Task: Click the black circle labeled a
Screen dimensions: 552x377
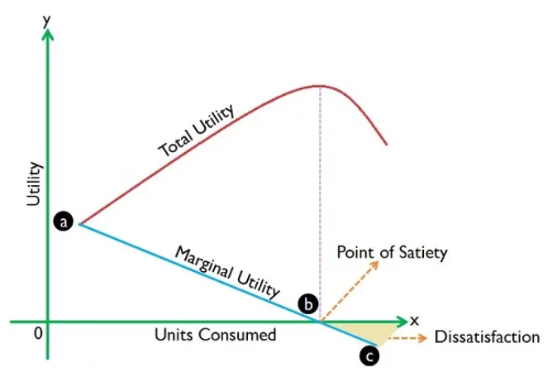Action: (x=64, y=222)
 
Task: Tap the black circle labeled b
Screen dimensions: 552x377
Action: (x=308, y=304)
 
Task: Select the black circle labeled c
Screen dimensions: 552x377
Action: (x=369, y=356)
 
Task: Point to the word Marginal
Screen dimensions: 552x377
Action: (x=204, y=263)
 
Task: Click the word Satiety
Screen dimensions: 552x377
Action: (x=423, y=253)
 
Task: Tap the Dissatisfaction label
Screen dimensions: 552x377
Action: (x=488, y=336)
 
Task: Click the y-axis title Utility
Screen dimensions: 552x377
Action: (x=35, y=184)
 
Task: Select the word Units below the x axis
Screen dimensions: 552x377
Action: (x=174, y=334)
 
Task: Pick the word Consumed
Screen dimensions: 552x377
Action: (x=236, y=334)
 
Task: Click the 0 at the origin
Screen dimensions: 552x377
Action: (x=38, y=333)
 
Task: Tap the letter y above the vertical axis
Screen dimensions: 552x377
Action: (x=46, y=21)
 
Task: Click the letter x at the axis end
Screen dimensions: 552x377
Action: (x=415, y=321)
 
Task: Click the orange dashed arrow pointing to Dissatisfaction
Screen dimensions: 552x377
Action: (x=407, y=338)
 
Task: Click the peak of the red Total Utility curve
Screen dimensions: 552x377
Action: (x=320, y=86)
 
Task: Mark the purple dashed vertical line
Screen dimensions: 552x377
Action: (x=320, y=203)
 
